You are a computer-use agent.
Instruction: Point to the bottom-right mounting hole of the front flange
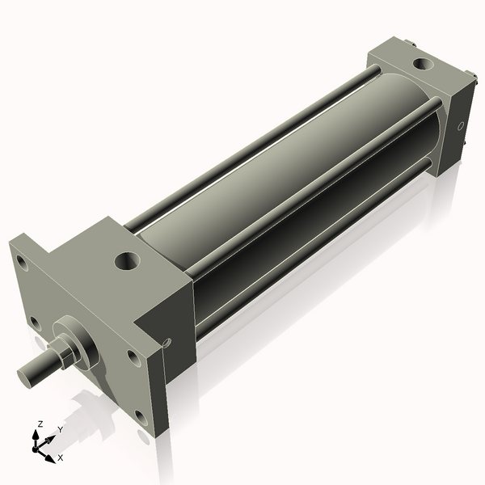(x=141, y=418)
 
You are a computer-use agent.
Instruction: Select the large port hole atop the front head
(x=127, y=260)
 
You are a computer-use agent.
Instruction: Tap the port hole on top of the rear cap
(x=422, y=63)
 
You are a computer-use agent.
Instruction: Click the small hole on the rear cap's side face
(x=461, y=126)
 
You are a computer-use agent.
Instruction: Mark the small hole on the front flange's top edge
(x=167, y=342)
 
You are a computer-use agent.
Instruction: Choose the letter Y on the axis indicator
(x=60, y=429)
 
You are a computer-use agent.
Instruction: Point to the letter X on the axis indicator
(x=61, y=458)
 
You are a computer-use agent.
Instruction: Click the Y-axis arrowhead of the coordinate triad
(x=53, y=437)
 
